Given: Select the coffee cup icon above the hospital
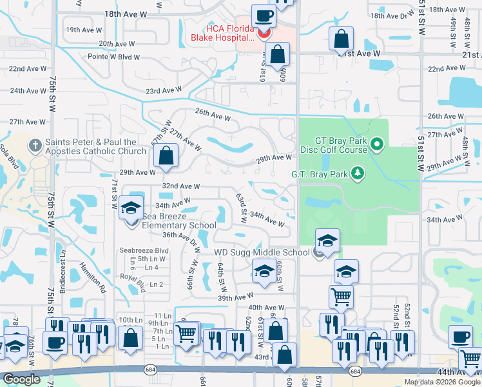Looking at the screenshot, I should tap(262, 15).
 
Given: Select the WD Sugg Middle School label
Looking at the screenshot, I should tap(262, 252).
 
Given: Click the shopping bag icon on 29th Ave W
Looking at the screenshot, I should tap(166, 156).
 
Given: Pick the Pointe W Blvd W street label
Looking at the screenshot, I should tap(97, 57).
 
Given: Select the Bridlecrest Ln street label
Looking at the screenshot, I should tap(63, 277).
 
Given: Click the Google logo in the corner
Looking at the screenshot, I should tap(21, 379).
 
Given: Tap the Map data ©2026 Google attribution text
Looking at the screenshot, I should tap(442, 382).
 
